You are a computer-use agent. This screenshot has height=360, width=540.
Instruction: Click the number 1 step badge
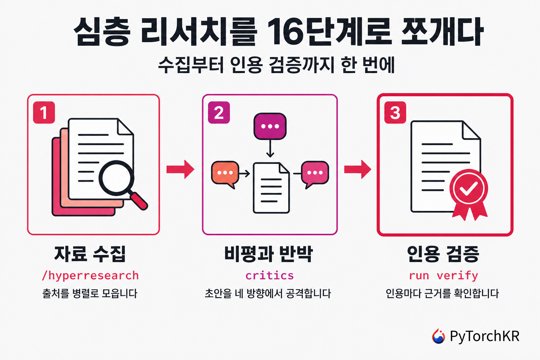click(44, 112)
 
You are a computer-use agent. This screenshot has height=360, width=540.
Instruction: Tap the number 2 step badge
click(219, 112)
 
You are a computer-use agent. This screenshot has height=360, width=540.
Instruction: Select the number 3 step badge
click(395, 112)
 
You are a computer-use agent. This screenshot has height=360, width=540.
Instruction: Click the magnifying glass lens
click(116, 178)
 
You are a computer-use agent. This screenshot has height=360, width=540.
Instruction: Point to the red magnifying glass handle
click(139, 201)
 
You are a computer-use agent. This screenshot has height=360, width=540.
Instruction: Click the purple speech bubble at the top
click(270, 126)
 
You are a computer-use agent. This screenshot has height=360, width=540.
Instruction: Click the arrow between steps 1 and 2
click(180, 169)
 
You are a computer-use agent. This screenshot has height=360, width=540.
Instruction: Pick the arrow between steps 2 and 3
click(358, 169)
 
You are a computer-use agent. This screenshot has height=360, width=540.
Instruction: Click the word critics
click(270, 275)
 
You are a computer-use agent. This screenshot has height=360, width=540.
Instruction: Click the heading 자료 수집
click(90, 254)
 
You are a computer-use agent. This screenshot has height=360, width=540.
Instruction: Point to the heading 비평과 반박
click(269, 254)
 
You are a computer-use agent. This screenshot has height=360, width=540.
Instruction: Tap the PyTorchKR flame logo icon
click(438, 336)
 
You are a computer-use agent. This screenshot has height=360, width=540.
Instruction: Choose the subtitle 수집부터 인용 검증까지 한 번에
click(276, 65)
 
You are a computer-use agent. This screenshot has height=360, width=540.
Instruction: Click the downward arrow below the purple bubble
click(270, 148)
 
